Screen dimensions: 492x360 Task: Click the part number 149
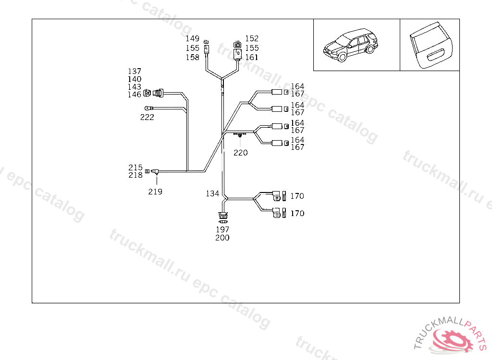pos(192,38)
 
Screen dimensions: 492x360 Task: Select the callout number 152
pos(252,38)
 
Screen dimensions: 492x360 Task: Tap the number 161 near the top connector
pos(252,57)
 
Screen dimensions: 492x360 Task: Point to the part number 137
pos(135,72)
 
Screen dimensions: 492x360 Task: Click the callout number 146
pos(135,95)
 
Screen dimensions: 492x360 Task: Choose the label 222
pos(147,117)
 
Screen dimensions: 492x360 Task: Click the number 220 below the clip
pos(241,153)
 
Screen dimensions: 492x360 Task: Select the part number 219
pos(155,192)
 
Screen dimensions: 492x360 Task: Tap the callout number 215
pos(135,168)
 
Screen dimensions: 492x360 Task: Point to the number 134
pos(213,193)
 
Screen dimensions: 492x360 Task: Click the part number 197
pos(222,230)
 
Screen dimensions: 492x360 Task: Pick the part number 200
pos(222,238)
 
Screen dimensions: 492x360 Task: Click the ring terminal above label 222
pos(148,108)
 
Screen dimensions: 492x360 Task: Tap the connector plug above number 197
pos(222,216)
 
